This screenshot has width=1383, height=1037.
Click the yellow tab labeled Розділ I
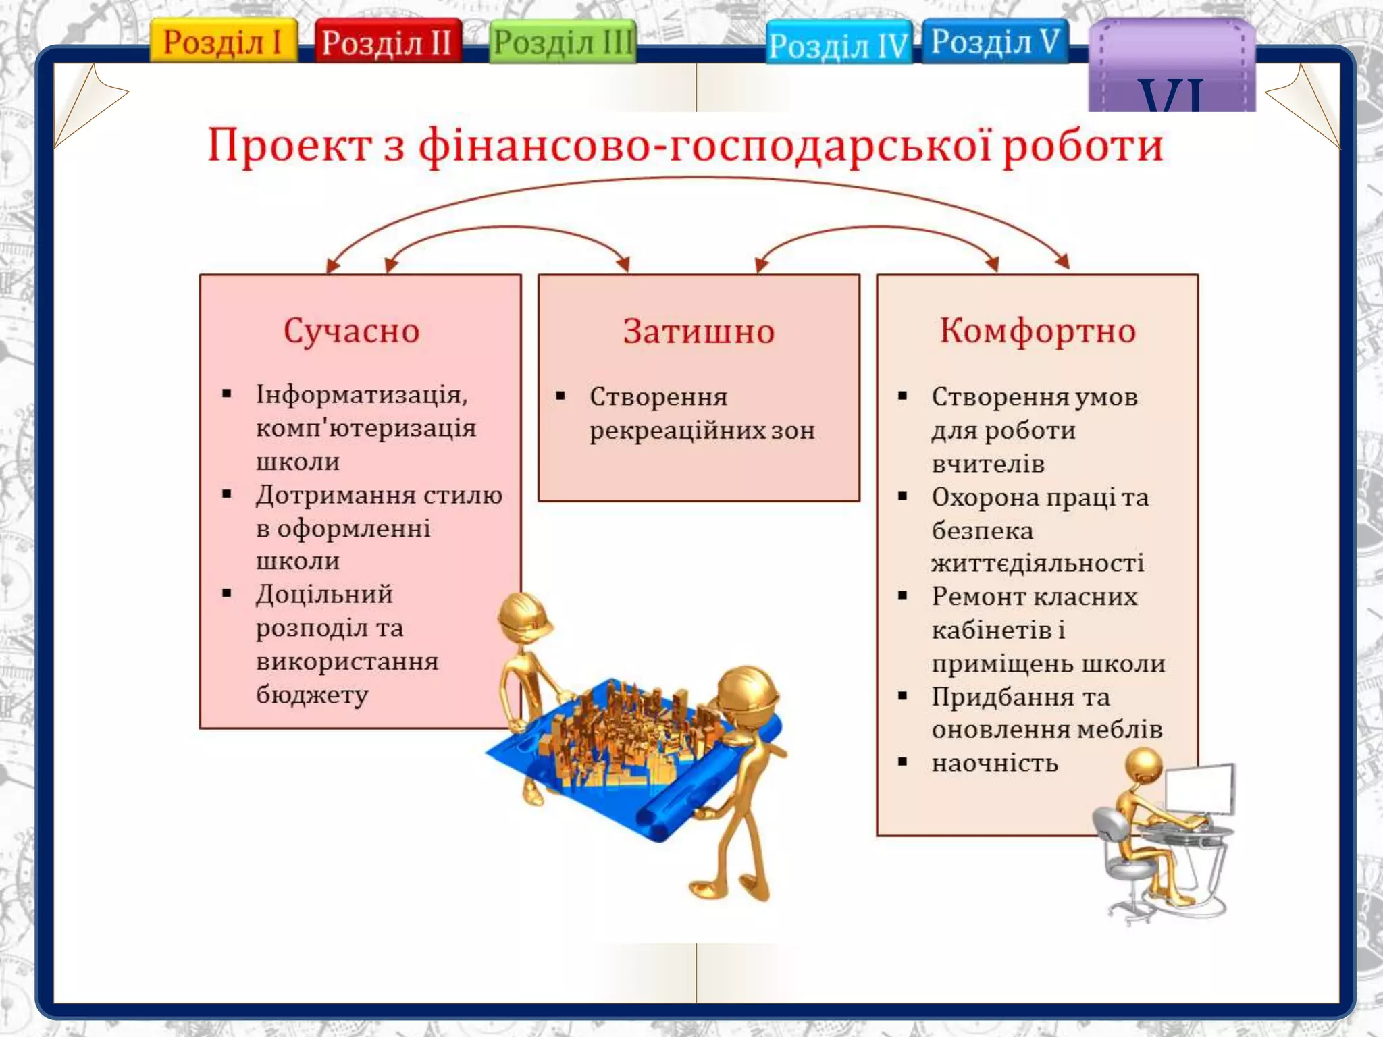(223, 41)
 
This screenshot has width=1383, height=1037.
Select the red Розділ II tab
(388, 42)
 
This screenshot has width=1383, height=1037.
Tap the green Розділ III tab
(563, 42)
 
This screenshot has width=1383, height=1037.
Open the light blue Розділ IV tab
(838, 45)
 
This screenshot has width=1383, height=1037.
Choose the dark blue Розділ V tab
(995, 41)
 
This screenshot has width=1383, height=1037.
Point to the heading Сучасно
(351, 331)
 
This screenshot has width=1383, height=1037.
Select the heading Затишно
(698, 331)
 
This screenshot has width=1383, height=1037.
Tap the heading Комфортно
(1037, 331)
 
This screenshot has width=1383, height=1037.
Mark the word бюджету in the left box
(312, 694)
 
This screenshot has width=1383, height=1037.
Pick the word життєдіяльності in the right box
(1037, 563)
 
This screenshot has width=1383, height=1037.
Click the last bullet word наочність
(995, 763)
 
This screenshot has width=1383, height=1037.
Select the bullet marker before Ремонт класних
(903, 596)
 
